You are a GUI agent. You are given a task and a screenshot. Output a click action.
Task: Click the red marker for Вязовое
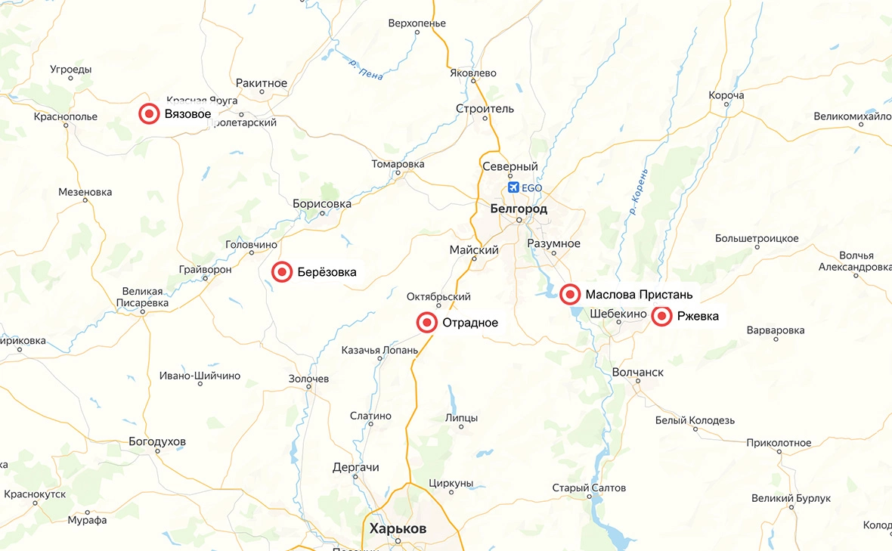(x=149, y=114)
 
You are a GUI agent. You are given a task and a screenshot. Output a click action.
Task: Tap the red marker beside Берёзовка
(x=282, y=272)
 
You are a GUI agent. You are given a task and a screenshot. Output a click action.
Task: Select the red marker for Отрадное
(x=427, y=323)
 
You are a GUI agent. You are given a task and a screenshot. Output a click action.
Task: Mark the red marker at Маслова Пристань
(x=571, y=294)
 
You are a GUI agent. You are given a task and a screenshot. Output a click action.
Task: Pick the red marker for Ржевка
(x=662, y=317)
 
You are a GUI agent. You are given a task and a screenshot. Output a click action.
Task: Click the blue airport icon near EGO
(x=514, y=187)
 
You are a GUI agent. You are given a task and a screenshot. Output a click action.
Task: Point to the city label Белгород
(x=519, y=208)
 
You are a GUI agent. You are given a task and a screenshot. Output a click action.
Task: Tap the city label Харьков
(x=398, y=528)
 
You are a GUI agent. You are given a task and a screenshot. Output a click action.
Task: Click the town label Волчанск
(x=638, y=372)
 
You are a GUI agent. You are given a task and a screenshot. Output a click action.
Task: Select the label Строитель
(x=485, y=108)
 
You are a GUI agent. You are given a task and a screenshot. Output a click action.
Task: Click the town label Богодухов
(x=158, y=441)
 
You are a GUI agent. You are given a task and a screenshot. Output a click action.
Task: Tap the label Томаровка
(x=398, y=164)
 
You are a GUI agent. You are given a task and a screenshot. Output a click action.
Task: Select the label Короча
(x=726, y=95)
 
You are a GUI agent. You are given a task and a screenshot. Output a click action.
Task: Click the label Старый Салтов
(x=589, y=488)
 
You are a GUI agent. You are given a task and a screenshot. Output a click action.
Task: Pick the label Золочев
(x=309, y=379)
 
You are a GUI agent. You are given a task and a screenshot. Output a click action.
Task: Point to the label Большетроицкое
(x=757, y=238)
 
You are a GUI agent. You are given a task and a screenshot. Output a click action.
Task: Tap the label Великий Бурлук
(x=791, y=498)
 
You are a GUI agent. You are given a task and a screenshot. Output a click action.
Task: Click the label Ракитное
(x=262, y=82)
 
